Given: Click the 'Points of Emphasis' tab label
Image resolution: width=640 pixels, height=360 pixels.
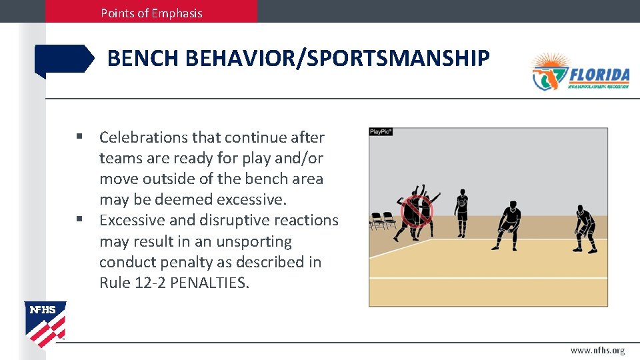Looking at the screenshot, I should pyautogui.click(x=151, y=13).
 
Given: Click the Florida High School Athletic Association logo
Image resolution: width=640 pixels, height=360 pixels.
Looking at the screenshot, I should pyautogui.click(x=579, y=72).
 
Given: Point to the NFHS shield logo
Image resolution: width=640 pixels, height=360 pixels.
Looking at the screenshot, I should pyautogui.click(x=45, y=323).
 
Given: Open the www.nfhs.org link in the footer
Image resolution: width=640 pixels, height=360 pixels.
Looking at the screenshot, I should pyautogui.click(x=597, y=351).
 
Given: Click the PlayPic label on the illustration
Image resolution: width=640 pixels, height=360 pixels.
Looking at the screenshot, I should pyautogui.click(x=381, y=132).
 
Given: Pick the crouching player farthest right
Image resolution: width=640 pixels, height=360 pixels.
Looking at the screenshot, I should pyautogui.click(x=585, y=229).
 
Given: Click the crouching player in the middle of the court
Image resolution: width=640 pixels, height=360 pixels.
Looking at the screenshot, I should pyautogui.click(x=509, y=225).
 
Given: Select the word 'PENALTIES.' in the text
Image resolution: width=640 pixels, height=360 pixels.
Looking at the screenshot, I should pyautogui.click(x=210, y=283).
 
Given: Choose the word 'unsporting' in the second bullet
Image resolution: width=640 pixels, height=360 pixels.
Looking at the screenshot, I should pyautogui.click(x=256, y=241).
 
